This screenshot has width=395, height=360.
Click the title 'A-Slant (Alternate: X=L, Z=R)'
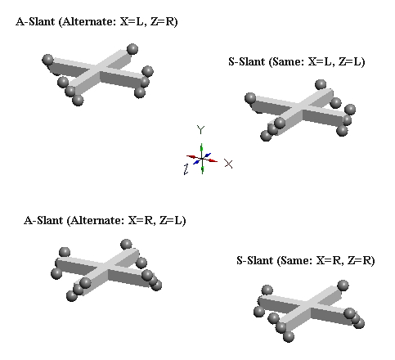point(97,21)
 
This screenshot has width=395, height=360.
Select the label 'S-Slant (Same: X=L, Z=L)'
point(297,61)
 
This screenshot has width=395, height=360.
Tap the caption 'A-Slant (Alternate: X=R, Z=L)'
point(105,220)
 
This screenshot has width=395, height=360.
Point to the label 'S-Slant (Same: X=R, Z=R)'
point(306,260)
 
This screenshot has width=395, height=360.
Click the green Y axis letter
point(200,130)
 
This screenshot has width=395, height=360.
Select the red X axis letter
point(228,164)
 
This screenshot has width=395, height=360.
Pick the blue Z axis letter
point(186,169)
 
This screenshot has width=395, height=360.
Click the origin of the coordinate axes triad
point(202,159)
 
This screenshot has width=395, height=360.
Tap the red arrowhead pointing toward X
point(213,160)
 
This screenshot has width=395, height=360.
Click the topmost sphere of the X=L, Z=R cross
point(132,49)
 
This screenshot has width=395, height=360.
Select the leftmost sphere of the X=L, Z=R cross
point(47,60)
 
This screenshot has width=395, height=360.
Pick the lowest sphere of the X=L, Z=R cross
point(78,101)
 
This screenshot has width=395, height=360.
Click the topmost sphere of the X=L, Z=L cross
point(321,85)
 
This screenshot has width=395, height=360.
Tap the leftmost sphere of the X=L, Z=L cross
point(250,98)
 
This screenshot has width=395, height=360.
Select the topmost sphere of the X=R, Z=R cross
point(343,286)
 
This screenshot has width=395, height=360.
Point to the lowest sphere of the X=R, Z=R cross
point(289,336)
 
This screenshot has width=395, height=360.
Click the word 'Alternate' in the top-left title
point(88,21)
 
